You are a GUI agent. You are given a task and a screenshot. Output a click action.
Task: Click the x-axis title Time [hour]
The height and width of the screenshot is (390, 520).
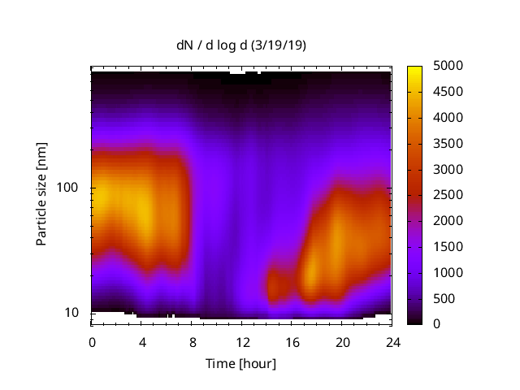[240, 363]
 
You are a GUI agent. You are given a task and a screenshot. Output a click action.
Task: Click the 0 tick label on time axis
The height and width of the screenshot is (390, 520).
[92, 341]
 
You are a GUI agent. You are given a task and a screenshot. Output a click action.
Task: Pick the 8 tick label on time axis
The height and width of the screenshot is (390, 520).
[192, 341]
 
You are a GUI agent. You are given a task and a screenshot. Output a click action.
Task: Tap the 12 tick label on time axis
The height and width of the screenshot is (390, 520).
[241, 341]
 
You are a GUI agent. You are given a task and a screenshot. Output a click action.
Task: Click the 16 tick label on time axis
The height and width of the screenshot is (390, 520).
[292, 341]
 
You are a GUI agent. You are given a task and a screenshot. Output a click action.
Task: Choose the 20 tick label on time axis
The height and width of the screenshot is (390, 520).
[341, 341]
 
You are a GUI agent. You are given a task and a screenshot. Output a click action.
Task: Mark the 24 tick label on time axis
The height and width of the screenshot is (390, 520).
[392, 341]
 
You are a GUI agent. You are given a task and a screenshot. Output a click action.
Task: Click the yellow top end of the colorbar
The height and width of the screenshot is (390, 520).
[414, 69]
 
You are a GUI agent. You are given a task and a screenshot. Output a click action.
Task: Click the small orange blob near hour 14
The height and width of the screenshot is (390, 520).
[276, 286]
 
